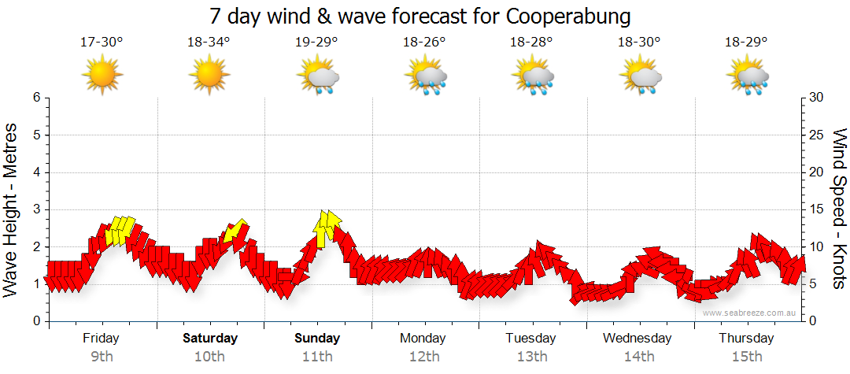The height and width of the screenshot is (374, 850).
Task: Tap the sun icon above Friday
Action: coord(102,76)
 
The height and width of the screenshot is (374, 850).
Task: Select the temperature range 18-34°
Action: coord(209,43)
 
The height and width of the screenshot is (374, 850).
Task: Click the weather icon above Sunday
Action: coord(318,77)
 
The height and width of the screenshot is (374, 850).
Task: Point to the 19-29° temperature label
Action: coord(316,43)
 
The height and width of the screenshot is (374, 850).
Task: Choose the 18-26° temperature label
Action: coord(424,43)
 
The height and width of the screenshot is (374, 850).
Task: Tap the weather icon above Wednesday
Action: coord(641,77)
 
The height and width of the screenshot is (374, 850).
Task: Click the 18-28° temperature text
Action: coord(532,43)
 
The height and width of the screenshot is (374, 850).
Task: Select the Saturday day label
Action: coord(210,339)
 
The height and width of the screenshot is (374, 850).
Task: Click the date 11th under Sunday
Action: coord(317,357)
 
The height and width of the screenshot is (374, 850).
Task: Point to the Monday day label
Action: coord(424,339)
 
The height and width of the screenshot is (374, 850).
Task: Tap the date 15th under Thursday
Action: coord(747,357)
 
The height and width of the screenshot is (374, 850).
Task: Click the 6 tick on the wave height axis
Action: coord(35,98)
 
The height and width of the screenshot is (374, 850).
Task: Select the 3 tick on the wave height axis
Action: coord(35,209)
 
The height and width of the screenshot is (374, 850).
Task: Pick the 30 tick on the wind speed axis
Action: coord(817,98)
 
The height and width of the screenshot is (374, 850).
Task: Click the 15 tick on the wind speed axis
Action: coord(817,209)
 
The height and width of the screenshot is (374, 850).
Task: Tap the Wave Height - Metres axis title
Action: coord(11,210)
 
